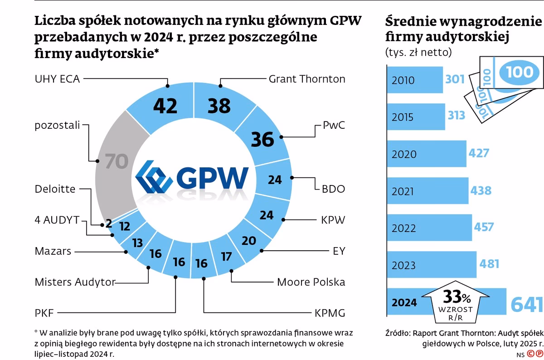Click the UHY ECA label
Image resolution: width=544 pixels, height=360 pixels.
(x=57, y=78)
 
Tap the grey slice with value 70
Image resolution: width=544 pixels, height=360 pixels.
(x=116, y=162)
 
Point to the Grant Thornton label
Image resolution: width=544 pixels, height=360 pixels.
(x=307, y=79)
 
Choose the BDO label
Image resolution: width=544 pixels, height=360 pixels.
(x=333, y=189)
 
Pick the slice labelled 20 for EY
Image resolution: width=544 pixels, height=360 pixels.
(x=248, y=241)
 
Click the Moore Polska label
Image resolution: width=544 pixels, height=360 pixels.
(x=311, y=282)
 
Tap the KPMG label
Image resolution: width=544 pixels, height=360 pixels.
(x=330, y=313)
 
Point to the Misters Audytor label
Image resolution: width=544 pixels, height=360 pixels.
(x=75, y=282)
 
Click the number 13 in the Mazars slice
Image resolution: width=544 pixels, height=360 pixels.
(x=137, y=243)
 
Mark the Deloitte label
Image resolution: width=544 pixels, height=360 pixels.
(x=55, y=189)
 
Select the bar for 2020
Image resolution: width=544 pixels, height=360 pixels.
(x=426, y=154)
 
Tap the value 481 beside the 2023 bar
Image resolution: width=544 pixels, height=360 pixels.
(x=490, y=264)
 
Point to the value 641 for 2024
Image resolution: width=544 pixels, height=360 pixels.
(x=526, y=304)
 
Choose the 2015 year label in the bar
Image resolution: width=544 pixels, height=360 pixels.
(x=403, y=117)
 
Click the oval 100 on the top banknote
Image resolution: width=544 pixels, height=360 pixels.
(x=520, y=72)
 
